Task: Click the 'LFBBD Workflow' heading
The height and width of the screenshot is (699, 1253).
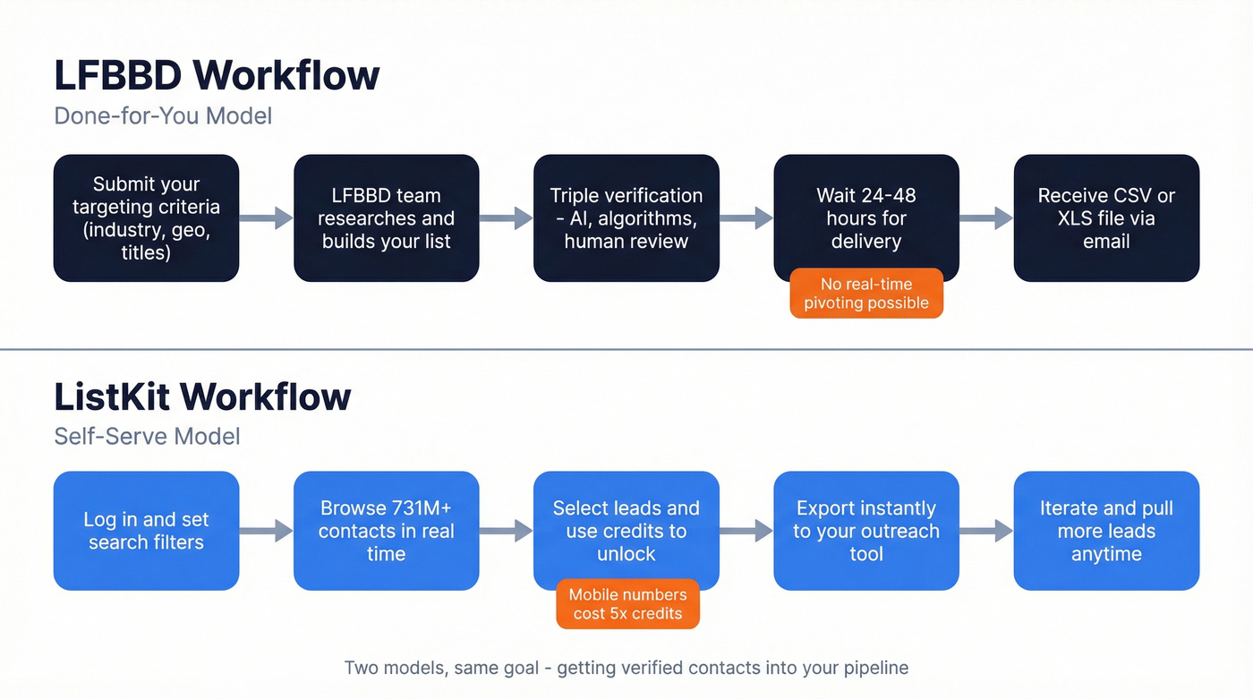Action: pos(217,75)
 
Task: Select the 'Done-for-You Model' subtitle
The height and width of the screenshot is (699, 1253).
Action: pos(163,115)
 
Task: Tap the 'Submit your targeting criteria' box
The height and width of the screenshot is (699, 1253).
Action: pos(146,218)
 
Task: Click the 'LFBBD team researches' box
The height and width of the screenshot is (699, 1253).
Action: pos(386,218)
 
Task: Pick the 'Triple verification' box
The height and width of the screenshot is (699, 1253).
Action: pos(626,218)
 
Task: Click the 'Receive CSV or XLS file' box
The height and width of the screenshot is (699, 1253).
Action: pos(1106,218)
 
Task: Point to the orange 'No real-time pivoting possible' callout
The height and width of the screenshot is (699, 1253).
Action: pos(865,294)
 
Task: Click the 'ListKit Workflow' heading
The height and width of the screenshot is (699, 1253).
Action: pos(202,396)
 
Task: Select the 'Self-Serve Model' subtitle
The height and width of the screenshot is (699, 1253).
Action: pos(147,436)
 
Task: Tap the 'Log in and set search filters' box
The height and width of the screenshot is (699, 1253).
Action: pos(146,531)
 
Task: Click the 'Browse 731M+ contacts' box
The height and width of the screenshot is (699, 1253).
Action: pos(386,531)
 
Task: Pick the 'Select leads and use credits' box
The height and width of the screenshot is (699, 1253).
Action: pos(626,528)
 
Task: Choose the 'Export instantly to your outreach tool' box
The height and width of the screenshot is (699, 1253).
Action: pos(865,531)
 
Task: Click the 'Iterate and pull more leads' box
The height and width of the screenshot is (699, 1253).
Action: pos(1106,531)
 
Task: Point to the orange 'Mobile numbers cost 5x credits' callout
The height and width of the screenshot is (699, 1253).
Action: pos(627,604)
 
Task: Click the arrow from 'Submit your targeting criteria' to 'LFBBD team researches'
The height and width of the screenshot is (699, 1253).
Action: pos(267,217)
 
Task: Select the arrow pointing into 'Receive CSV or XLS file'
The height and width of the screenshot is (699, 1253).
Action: pos(986,217)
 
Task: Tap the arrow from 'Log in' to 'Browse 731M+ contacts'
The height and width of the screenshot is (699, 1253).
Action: pos(267,531)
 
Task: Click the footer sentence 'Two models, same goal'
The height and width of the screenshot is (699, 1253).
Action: pos(626,668)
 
